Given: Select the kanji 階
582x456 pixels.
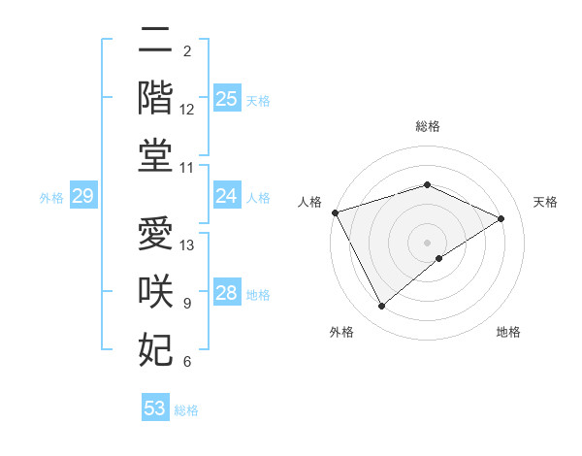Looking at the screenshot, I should point(155,99).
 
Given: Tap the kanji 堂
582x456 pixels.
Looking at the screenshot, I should point(155,157).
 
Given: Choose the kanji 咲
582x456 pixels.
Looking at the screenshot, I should point(155,292).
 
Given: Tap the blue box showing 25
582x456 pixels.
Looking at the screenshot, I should point(227,99).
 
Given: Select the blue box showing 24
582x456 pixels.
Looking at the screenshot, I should point(227,196).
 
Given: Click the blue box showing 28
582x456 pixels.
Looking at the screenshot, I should point(227,293).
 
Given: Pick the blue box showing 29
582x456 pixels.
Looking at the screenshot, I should point(82,197).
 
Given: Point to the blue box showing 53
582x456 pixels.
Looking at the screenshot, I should point(155,408).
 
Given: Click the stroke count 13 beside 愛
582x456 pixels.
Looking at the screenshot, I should point(188,245).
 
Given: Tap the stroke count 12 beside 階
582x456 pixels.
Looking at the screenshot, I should point(187,110).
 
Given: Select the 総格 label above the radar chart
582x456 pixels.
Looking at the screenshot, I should point(427,126).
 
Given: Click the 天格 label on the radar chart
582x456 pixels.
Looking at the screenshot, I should point(546,202).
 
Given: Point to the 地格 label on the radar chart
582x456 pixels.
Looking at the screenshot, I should point(508,333).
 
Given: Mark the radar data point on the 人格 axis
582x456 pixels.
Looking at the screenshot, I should point(335,212).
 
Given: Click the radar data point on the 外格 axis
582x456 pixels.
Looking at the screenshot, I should point(381,307).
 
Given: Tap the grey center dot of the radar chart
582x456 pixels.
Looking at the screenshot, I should point(427,243).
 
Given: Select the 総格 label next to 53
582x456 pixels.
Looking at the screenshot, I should point(186,409).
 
